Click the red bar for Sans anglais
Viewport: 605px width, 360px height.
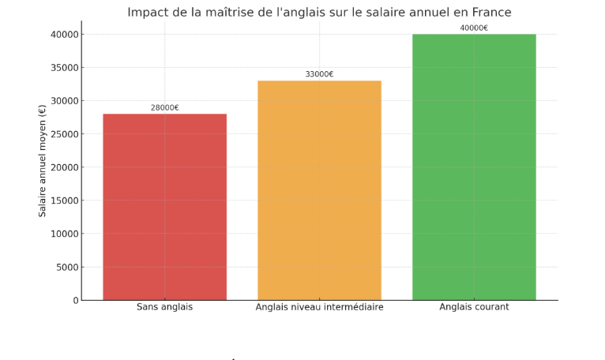click(x=164, y=207)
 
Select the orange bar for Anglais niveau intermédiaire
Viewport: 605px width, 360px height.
click(x=319, y=190)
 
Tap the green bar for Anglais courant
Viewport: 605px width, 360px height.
click(x=474, y=167)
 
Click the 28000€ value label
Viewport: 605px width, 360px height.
click(x=165, y=107)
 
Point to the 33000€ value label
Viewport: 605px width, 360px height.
click(x=319, y=74)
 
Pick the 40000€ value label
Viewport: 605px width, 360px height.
click(x=474, y=28)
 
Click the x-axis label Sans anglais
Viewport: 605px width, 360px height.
click(x=164, y=307)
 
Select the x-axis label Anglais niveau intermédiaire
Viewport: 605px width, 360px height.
click(x=319, y=307)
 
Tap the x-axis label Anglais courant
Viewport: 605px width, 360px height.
click(x=474, y=307)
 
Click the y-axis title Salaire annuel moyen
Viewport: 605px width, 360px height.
click(x=43, y=161)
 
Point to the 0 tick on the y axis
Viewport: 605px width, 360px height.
click(x=76, y=300)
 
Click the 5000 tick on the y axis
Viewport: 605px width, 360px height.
click(x=67, y=267)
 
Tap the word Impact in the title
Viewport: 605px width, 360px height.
click(x=148, y=13)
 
